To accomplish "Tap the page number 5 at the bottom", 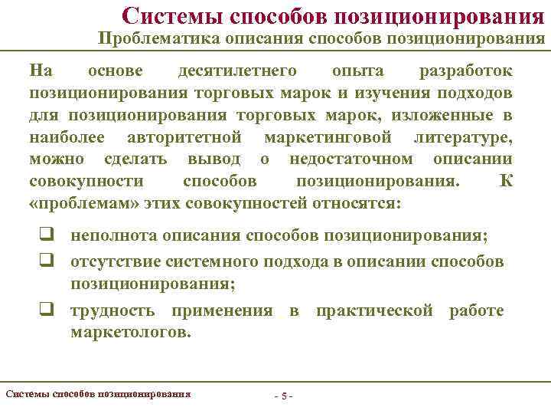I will tap(284, 396).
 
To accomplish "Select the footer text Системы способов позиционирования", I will tap(98, 394).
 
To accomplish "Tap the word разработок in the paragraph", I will tap(466, 71).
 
